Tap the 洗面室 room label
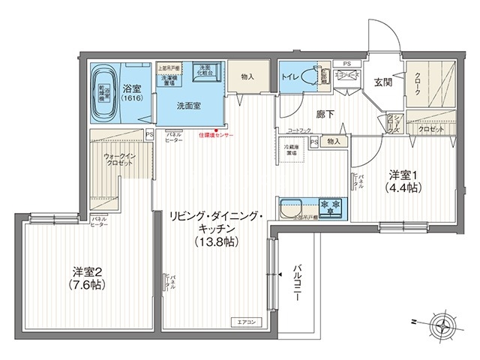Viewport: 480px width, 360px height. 188,106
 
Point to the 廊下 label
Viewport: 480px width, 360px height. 325,114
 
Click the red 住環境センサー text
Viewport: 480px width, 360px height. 216,136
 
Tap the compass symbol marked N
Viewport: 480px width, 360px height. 443,325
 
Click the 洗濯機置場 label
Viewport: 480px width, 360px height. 169,81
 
